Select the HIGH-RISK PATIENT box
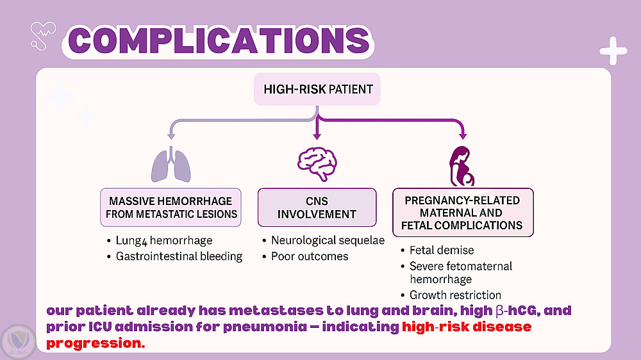317,89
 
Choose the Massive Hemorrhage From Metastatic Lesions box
171,207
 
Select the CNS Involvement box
317,207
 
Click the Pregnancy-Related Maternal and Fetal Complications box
463,212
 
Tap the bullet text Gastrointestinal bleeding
179,256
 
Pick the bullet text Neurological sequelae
328,240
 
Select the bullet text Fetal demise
442,250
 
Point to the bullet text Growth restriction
455,295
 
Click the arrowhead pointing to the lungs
171,135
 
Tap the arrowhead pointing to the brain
317,135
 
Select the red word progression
96,342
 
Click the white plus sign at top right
613,51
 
